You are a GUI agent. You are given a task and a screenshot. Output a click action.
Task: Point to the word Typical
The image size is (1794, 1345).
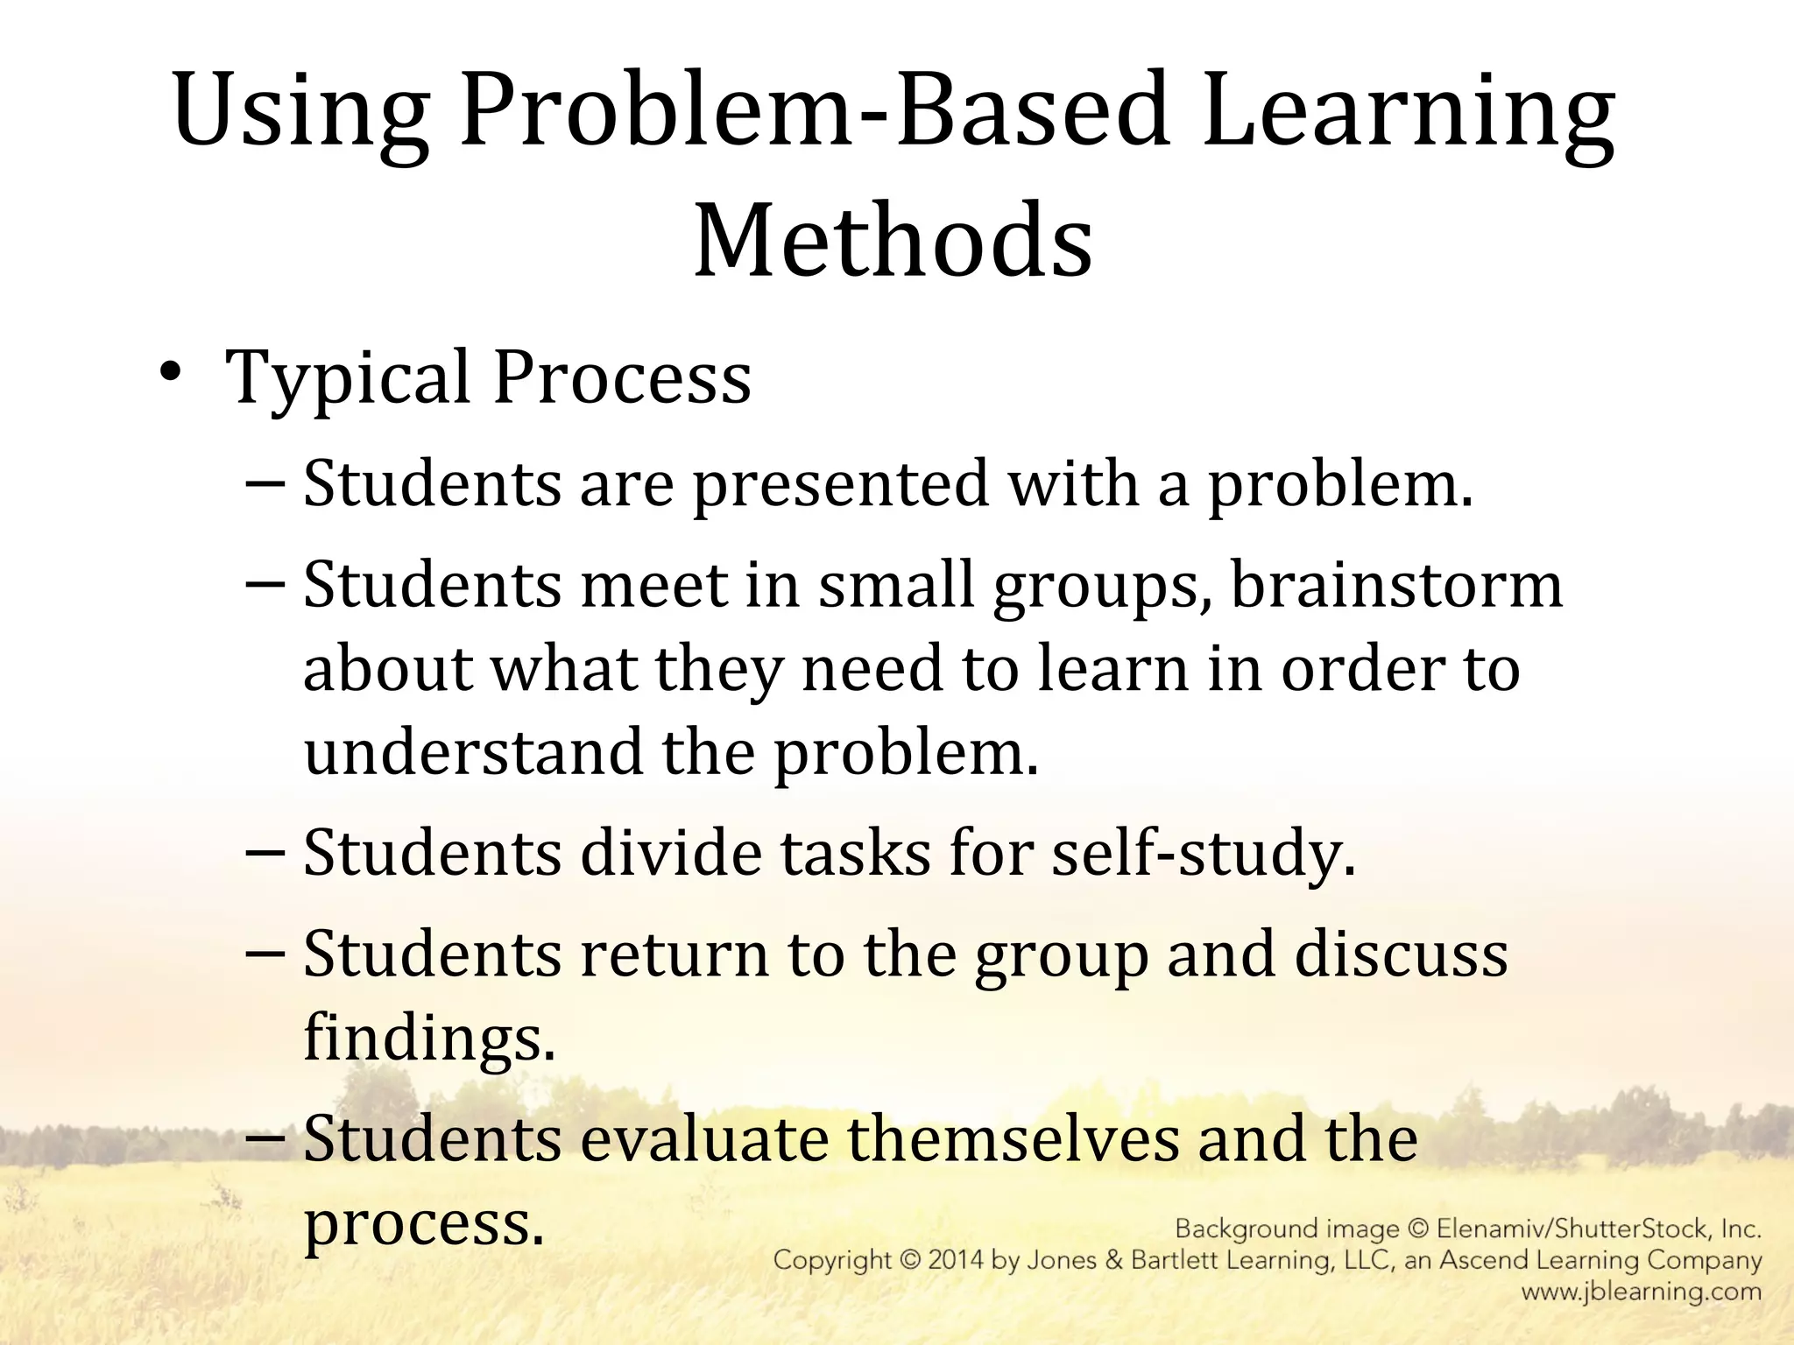[349, 378]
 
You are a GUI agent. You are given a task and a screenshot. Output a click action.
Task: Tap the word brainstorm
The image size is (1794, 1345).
[1396, 585]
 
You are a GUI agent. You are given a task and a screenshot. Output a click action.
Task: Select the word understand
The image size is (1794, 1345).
[472, 752]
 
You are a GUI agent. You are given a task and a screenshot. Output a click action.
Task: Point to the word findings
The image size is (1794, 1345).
[429, 1038]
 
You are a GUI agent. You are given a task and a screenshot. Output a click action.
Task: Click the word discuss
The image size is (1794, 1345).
[1401, 954]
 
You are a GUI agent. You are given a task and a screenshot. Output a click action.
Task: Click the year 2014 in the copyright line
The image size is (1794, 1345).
[963, 1261]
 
